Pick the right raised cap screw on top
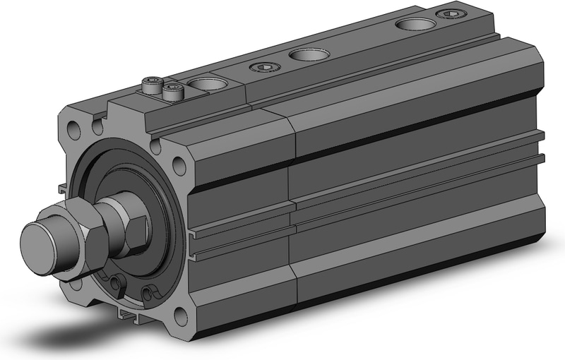(x=172, y=90)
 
